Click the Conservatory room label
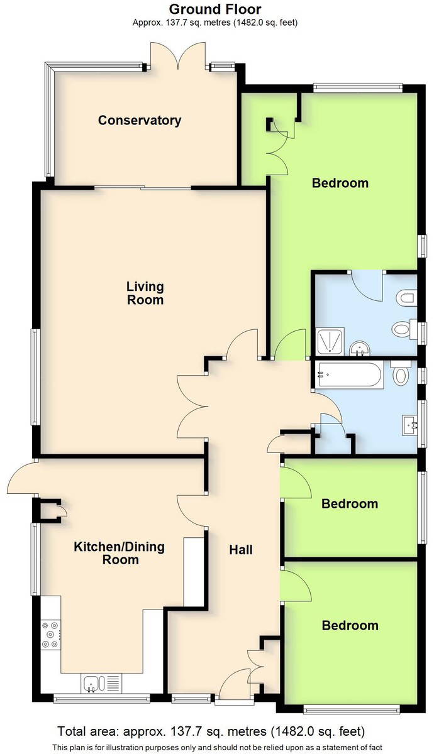click(x=140, y=120)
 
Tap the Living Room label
click(x=145, y=293)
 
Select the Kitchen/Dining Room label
click(x=120, y=553)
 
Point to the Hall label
click(x=241, y=550)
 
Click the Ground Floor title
click(x=215, y=9)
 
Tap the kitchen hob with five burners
click(x=50, y=635)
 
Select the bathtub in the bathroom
click(x=350, y=375)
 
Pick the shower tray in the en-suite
click(x=330, y=341)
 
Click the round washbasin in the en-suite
click(x=360, y=349)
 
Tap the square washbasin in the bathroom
click(x=409, y=425)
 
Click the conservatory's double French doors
click(x=178, y=56)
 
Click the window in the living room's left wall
click(x=36, y=376)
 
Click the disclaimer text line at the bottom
click(x=218, y=748)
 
